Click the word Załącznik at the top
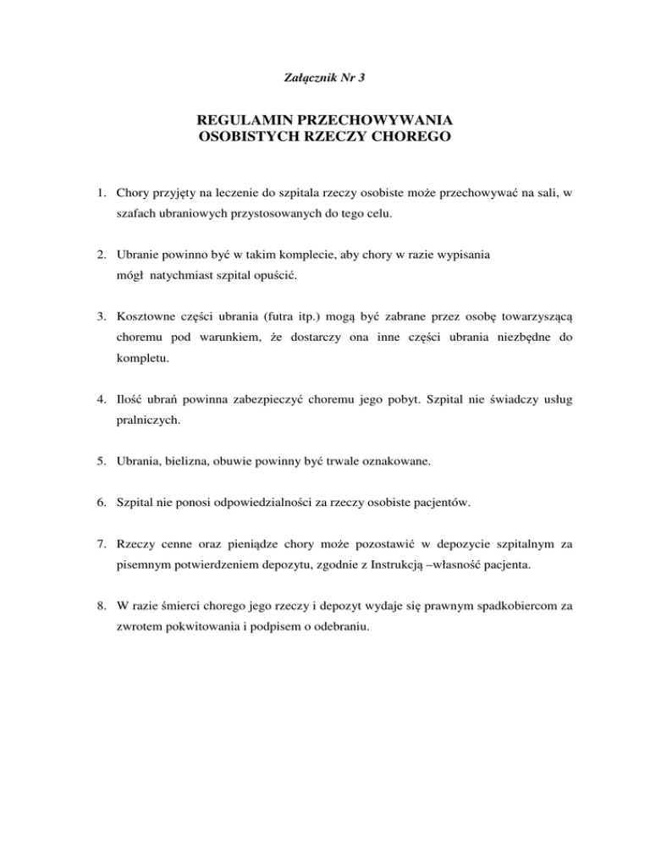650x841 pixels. pyautogui.click(x=306, y=79)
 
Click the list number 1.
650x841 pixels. pyautogui.click(x=100, y=193)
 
